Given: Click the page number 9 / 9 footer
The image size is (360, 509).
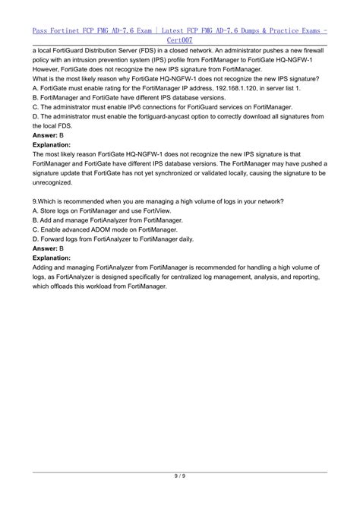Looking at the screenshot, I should click(180, 497).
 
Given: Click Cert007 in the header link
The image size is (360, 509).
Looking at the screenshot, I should click(180, 36).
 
